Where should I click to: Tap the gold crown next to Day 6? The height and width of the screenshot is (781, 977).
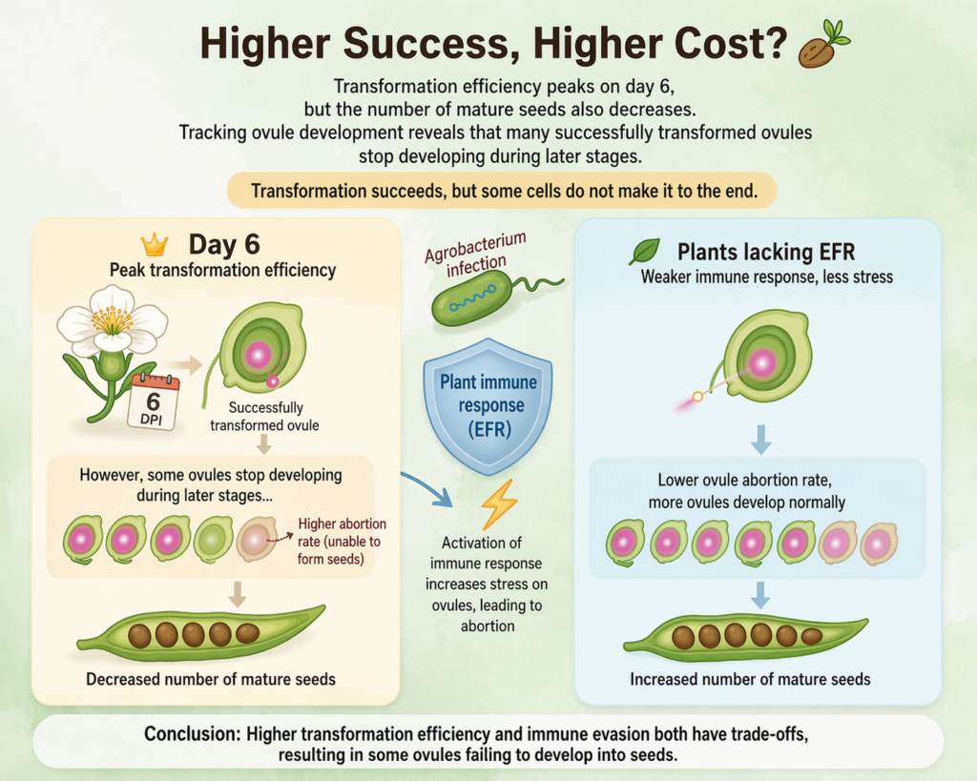154,245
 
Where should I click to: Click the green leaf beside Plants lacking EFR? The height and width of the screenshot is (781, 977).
645,252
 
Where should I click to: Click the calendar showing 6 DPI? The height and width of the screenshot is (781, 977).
154,401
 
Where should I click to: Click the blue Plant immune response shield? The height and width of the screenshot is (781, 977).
488,406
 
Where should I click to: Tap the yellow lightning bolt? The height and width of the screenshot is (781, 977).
499,504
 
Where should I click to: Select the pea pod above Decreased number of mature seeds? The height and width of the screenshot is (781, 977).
200,633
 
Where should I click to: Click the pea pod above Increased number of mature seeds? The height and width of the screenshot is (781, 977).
745,635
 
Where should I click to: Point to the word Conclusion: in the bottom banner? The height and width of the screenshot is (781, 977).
192,733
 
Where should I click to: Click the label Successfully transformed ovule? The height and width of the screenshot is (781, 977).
265,416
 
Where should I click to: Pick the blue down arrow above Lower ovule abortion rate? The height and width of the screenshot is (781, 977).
760,440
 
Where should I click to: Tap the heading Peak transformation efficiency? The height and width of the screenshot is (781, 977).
222,270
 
